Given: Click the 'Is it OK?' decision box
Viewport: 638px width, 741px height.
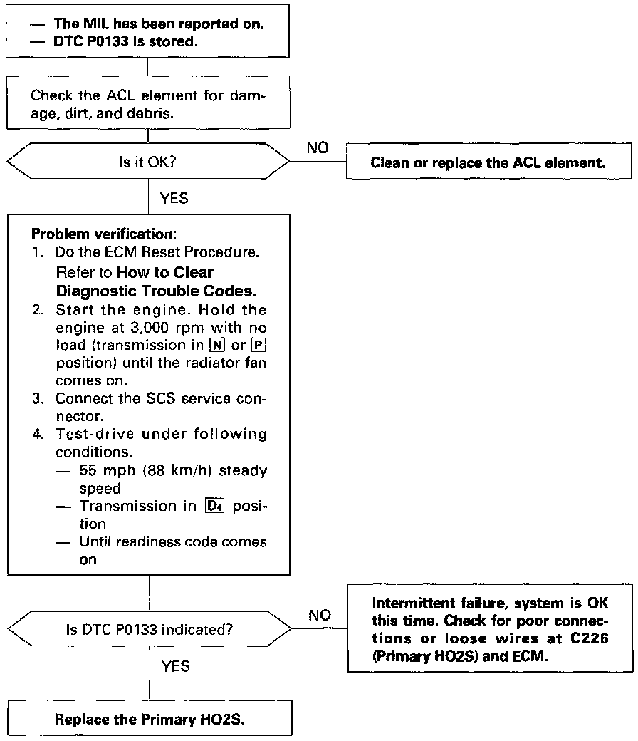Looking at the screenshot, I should coord(148,162).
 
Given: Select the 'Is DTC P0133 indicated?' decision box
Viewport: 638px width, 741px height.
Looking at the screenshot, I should coord(150,629).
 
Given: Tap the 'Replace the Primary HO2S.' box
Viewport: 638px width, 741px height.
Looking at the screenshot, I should coord(150,719).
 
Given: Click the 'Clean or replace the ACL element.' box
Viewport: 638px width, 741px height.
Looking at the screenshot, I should coord(488,162).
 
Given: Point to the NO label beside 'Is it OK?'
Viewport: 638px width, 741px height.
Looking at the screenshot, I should coord(318,148).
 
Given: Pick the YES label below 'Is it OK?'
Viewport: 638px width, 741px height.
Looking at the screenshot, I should coord(175,199).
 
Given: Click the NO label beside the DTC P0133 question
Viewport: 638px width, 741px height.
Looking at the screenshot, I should coord(320,615).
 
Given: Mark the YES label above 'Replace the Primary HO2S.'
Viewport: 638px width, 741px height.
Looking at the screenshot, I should coord(175,666).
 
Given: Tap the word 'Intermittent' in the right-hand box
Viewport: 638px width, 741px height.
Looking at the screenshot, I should coord(407,603).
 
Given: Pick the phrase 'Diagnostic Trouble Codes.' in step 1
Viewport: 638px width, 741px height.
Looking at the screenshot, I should coord(155,291).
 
